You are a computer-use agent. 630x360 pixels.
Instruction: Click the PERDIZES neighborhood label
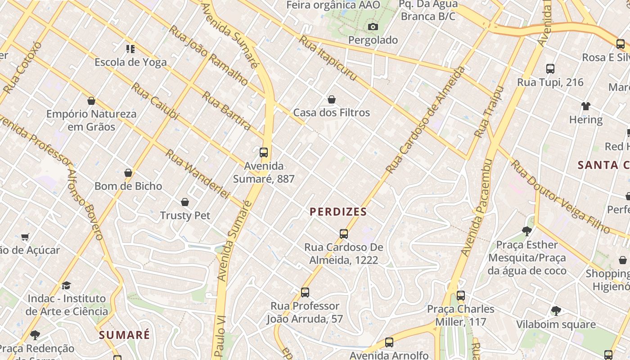[338, 211]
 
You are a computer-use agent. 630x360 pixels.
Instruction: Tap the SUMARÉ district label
[124, 335]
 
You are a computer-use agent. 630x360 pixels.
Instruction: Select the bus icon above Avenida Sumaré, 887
[264, 153]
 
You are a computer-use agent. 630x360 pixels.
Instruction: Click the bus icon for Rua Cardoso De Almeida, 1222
[344, 234]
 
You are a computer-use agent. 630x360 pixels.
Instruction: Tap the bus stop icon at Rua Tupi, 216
[550, 69]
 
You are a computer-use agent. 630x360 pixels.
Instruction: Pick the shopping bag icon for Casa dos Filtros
[332, 99]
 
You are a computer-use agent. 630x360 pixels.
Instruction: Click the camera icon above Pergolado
[373, 27]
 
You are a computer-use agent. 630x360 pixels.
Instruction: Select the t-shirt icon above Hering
[585, 107]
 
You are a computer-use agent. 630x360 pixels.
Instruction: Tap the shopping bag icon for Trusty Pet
[185, 202]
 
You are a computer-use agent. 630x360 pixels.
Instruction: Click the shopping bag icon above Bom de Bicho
[128, 173]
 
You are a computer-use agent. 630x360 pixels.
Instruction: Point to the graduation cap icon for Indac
[67, 285]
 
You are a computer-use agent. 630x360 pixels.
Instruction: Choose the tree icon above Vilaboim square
[556, 311]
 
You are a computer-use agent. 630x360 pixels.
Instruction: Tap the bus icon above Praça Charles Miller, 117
[460, 296]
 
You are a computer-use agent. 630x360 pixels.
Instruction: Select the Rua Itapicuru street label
[328, 58]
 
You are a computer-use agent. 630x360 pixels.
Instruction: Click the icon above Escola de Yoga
[130, 49]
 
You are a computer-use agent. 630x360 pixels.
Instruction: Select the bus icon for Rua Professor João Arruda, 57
[305, 292]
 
